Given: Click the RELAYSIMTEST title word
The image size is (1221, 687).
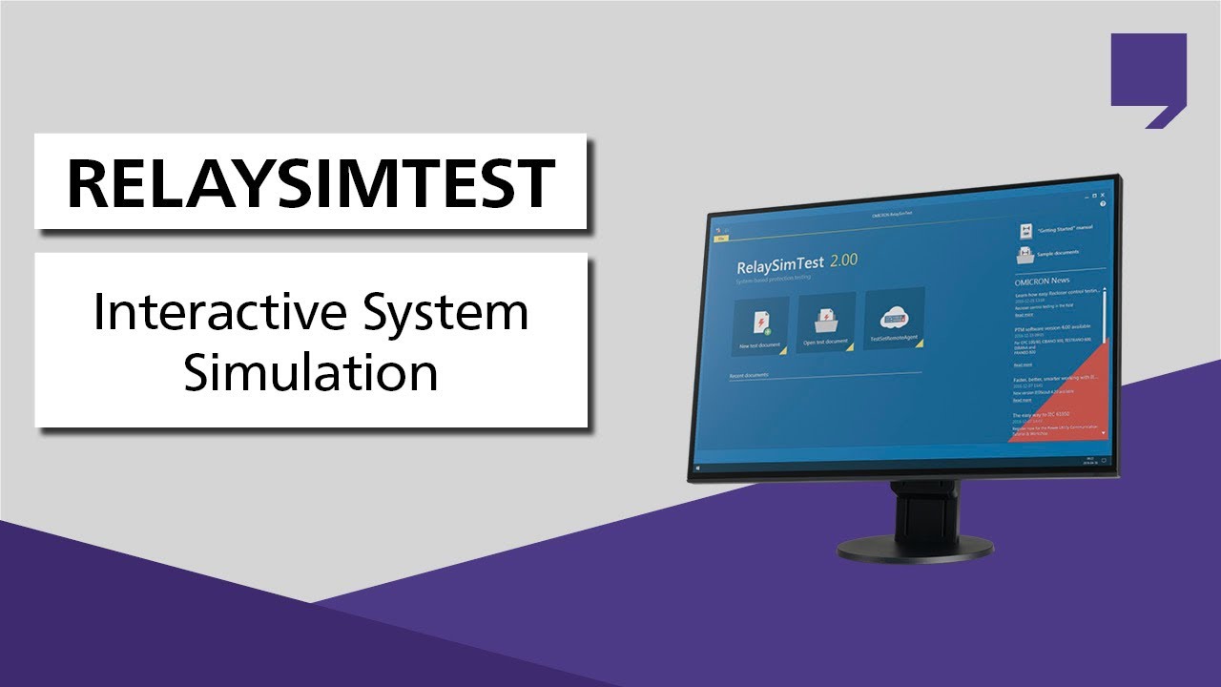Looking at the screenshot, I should coord(310,182).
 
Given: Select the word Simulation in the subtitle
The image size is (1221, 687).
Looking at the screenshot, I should coord(311,372).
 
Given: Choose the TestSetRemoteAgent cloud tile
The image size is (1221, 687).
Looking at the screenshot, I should coord(894,321).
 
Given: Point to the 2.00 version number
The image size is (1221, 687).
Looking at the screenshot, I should coord(843,260).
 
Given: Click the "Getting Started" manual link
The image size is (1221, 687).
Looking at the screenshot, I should coord(1062,230).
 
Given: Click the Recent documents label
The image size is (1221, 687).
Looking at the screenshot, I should coord(748,376).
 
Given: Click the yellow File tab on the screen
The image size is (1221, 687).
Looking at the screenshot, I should coord(720,238).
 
